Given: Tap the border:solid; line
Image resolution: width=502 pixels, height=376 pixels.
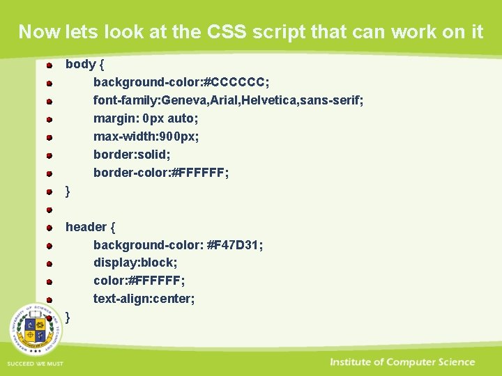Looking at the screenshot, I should pyautogui.click(x=132, y=155).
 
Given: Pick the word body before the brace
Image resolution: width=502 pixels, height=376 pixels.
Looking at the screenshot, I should pyautogui.click(x=80, y=64).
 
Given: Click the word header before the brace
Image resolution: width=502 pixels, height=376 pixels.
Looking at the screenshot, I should pyautogui.click(x=86, y=227).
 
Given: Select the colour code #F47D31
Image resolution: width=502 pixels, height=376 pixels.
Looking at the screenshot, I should pyautogui.click(x=235, y=245).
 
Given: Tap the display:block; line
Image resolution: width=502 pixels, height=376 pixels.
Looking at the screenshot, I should pyautogui.click(x=135, y=263).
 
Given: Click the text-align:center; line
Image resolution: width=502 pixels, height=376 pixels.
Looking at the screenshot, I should pyautogui.click(x=144, y=299).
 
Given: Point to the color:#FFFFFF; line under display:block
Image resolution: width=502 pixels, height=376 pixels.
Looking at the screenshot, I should pyautogui.click(x=139, y=281).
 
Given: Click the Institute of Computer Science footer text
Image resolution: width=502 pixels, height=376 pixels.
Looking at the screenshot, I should pyautogui.click(x=402, y=362).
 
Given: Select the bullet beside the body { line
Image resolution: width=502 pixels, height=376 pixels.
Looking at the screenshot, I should pyautogui.click(x=51, y=65).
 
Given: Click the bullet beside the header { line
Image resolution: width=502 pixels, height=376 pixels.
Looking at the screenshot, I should pyautogui.click(x=51, y=228).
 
